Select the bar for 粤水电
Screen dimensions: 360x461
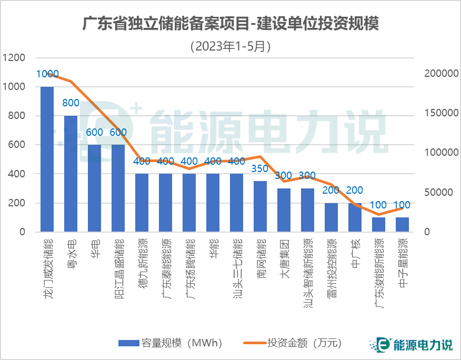71,174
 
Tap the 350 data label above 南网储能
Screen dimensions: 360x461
260,169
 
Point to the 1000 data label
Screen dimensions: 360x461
47,74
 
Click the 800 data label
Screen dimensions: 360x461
71,103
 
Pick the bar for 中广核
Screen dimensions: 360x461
355,217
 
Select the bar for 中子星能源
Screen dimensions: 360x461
402,224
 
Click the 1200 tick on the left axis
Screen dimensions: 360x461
14,58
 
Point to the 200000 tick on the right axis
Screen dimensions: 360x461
441,74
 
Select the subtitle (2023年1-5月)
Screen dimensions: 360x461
230,46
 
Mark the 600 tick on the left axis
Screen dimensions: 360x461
18,145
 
